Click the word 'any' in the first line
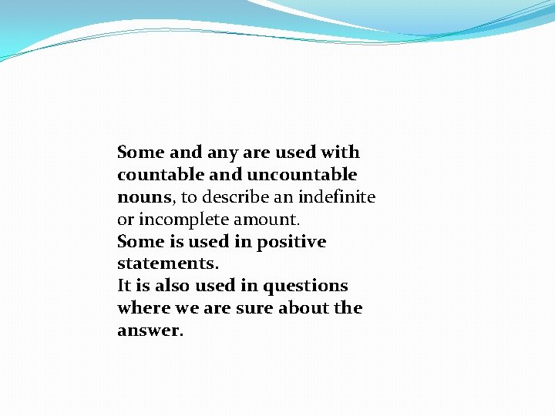point(223,153)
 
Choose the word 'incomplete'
point(176,220)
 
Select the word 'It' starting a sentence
point(124,286)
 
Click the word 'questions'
point(306,287)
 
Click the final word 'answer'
point(149,331)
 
